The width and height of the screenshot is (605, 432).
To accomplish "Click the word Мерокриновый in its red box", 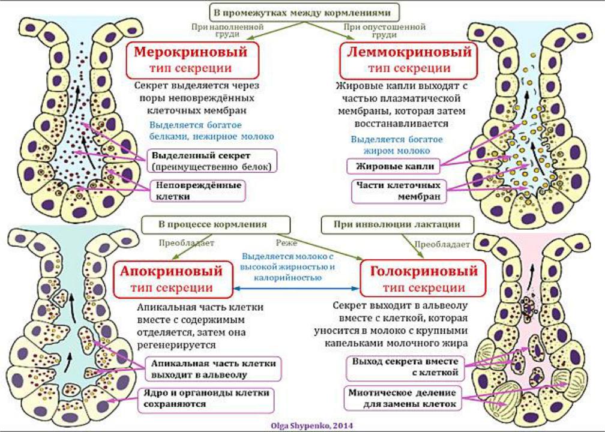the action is click(191, 52).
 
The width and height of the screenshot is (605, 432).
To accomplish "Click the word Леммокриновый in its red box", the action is click(409, 52).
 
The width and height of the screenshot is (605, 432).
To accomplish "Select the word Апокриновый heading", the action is click(171, 271).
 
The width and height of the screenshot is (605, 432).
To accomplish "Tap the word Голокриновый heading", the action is click(424, 271).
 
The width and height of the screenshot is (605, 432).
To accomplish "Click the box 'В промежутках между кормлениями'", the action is click(304, 13).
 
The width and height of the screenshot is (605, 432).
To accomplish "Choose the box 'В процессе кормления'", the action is click(215, 224).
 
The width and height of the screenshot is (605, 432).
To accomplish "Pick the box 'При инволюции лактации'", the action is click(397, 224).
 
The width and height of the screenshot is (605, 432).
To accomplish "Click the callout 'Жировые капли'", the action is click(394, 166).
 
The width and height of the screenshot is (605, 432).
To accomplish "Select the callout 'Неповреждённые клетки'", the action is click(197, 191).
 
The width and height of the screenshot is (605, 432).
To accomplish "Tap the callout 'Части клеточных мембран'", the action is click(399, 191).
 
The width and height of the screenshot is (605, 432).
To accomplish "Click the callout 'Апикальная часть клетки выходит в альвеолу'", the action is click(214, 369).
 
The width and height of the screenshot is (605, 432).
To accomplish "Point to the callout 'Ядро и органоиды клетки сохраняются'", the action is click(206, 399).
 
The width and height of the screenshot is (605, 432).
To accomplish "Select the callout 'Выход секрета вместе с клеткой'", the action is click(405, 368).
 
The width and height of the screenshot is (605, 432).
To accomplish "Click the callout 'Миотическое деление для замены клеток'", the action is click(403, 398).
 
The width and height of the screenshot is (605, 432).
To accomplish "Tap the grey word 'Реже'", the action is click(286, 243).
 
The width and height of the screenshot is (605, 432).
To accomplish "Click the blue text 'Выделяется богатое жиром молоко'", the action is click(397, 145).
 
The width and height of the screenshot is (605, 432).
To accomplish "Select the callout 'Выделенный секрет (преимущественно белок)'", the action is click(212, 161).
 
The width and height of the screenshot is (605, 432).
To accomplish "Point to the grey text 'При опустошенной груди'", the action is click(384, 31).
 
